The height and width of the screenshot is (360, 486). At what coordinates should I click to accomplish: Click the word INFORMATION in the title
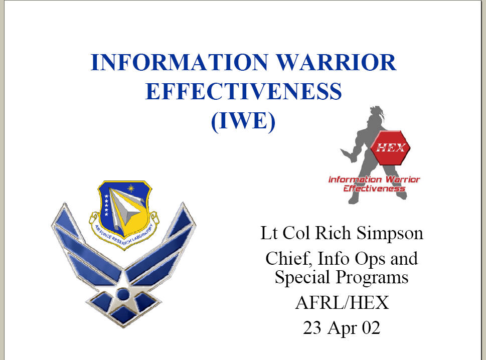180,62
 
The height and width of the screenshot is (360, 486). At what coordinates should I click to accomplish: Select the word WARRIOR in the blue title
336,62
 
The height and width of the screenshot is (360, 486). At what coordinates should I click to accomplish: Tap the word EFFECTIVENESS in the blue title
244,91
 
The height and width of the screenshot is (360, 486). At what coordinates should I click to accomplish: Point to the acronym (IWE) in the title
243,121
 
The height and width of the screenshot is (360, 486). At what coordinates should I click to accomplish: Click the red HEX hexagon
391,147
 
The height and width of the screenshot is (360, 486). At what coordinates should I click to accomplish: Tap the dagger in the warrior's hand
347,154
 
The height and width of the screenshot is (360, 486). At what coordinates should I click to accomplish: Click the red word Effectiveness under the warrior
375,189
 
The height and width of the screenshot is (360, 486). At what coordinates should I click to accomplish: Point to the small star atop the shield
131,188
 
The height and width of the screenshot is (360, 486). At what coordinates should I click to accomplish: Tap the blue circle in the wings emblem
123,294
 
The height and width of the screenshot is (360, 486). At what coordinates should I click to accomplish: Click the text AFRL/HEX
342,303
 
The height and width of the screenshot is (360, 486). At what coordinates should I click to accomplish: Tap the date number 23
312,328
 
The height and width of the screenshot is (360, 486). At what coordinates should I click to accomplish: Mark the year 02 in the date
371,328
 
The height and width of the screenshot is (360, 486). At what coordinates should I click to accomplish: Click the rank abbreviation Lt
268,233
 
